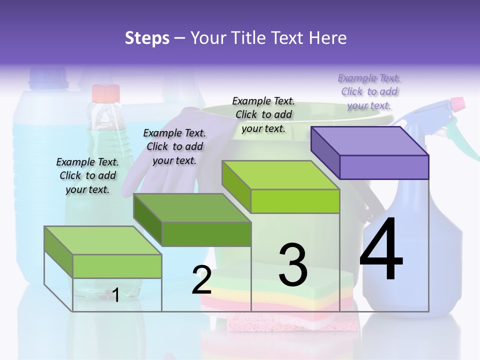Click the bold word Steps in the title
point(147,37)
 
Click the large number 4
point(381,250)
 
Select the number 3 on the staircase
point(293,265)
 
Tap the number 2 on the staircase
point(201,280)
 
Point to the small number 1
point(115,295)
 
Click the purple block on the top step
point(370,152)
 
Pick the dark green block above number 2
point(192,219)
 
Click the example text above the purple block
point(369,91)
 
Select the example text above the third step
point(263,114)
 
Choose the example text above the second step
point(174,146)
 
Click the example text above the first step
point(87,175)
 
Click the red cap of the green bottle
point(106,93)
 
